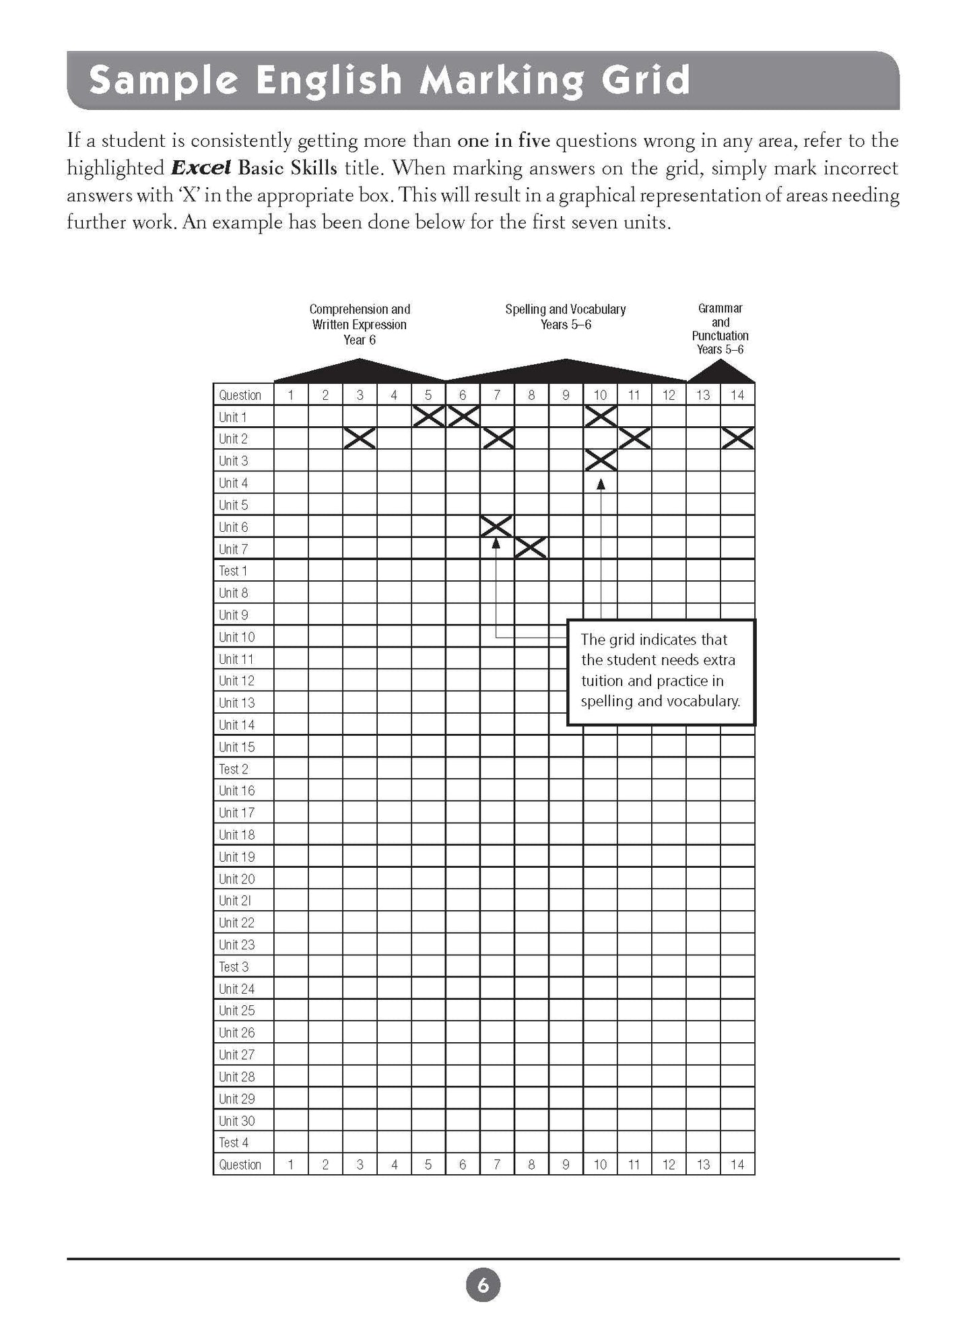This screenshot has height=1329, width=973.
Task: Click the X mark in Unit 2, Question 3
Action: (x=360, y=439)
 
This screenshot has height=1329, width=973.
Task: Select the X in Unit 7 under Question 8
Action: (x=531, y=549)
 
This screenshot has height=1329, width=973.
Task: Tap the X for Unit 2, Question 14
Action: (x=737, y=439)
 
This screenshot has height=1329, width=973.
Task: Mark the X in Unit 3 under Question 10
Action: (x=600, y=461)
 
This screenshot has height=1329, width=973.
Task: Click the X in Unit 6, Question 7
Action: (x=497, y=526)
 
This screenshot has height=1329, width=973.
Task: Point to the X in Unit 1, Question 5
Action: (x=428, y=417)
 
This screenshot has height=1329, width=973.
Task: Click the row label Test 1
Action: (x=233, y=571)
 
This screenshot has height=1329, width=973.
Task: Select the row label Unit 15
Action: (x=236, y=747)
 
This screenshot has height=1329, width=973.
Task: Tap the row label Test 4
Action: (x=233, y=1143)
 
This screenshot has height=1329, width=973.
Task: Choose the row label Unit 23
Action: (x=236, y=945)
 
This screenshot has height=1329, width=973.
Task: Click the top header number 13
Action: (x=703, y=395)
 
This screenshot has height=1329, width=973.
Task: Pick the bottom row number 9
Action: (x=566, y=1165)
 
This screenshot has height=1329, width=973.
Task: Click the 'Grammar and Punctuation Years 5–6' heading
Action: (x=720, y=329)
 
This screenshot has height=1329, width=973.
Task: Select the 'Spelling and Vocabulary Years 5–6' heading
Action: (x=566, y=316)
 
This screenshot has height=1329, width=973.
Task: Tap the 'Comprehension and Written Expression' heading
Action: (x=360, y=324)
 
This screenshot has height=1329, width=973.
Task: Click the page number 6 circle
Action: (x=483, y=1286)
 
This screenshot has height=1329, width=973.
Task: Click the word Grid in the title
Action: (x=642, y=80)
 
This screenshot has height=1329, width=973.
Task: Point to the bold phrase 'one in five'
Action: (x=503, y=141)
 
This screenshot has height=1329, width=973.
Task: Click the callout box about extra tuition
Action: (x=661, y=671)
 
